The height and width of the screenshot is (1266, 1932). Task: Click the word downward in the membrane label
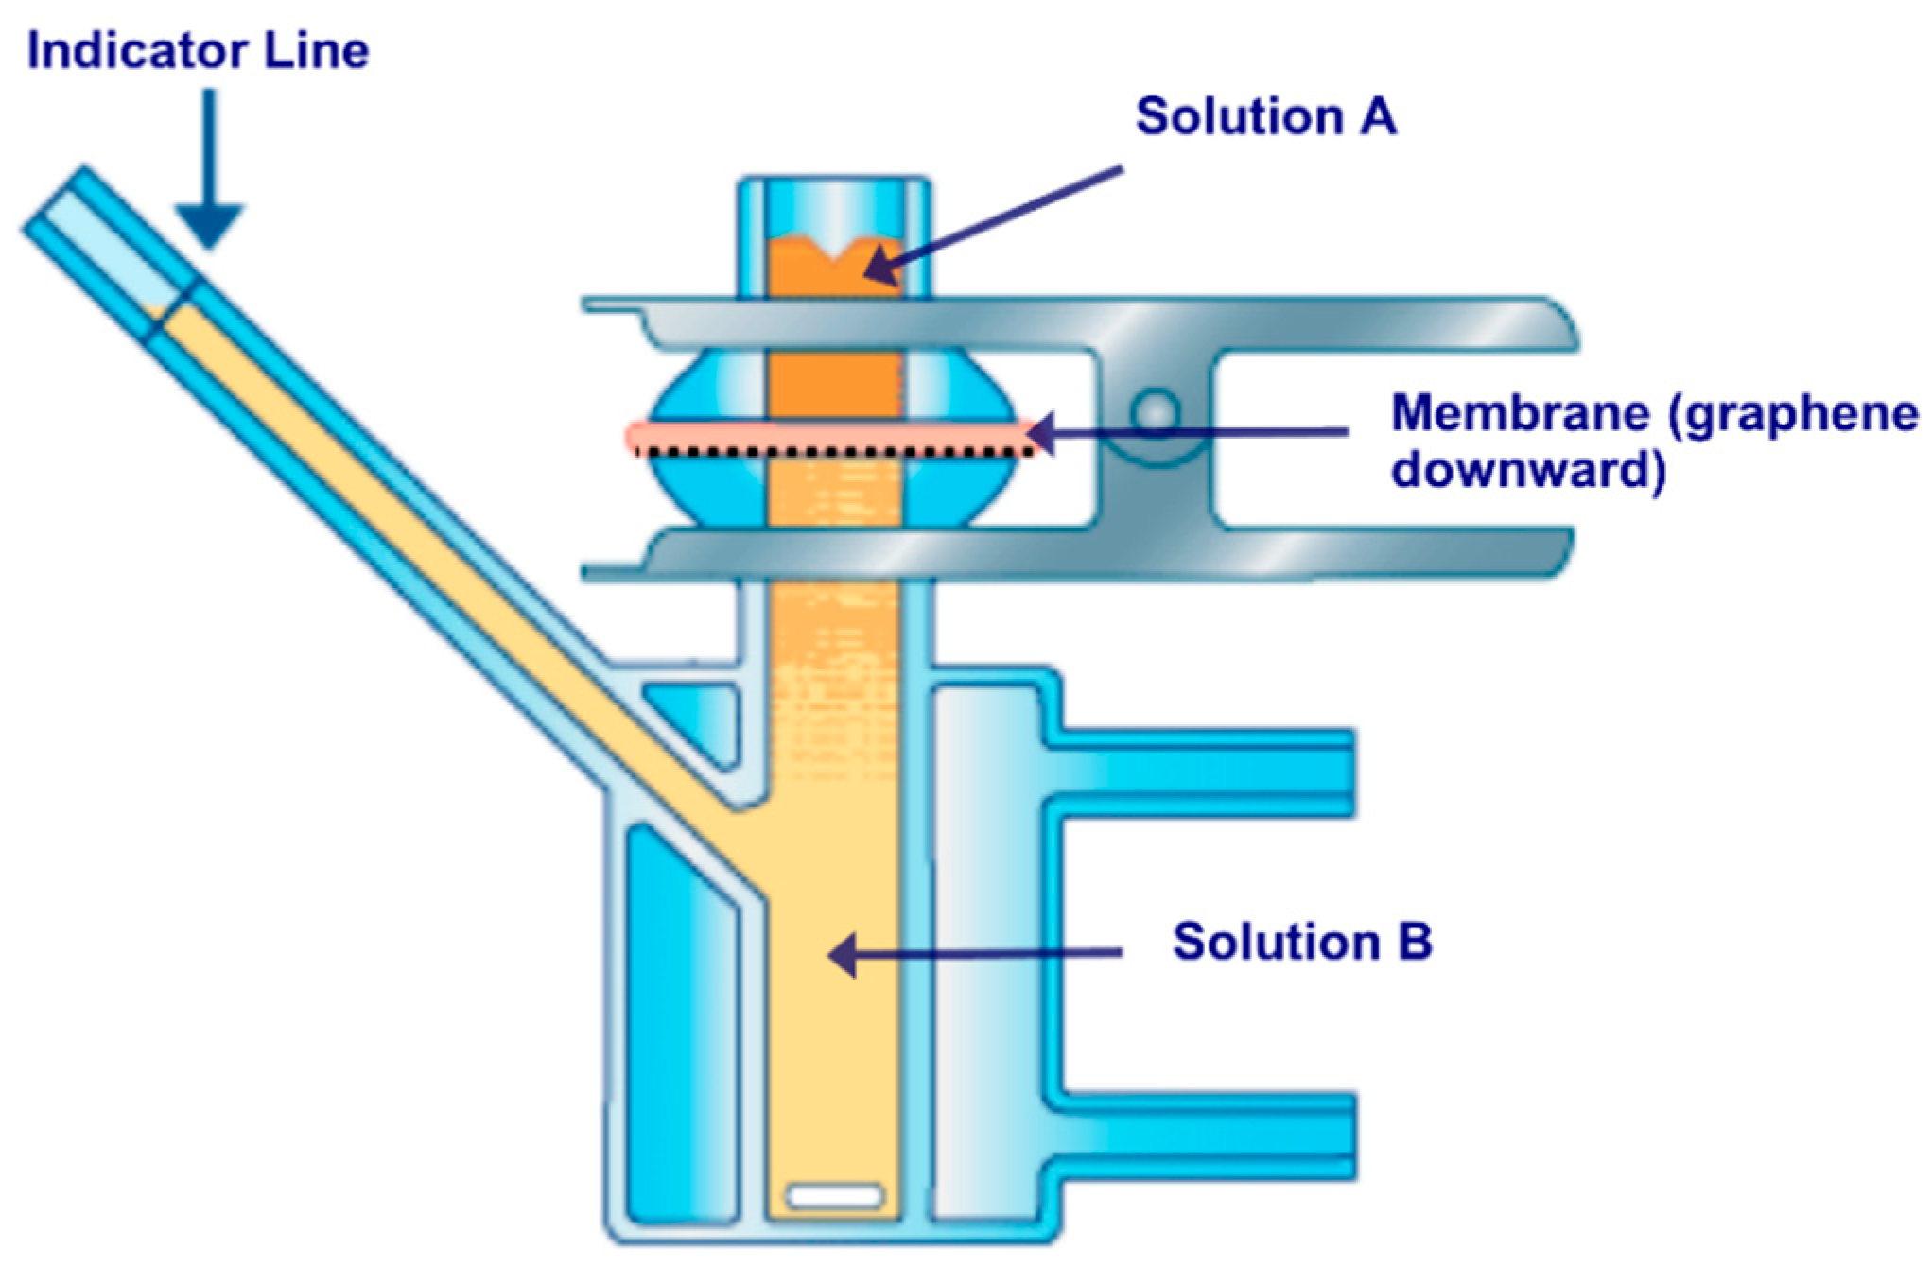(x=1528, y=469)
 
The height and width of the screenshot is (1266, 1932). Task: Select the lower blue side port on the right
(x=1201, y=1135)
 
